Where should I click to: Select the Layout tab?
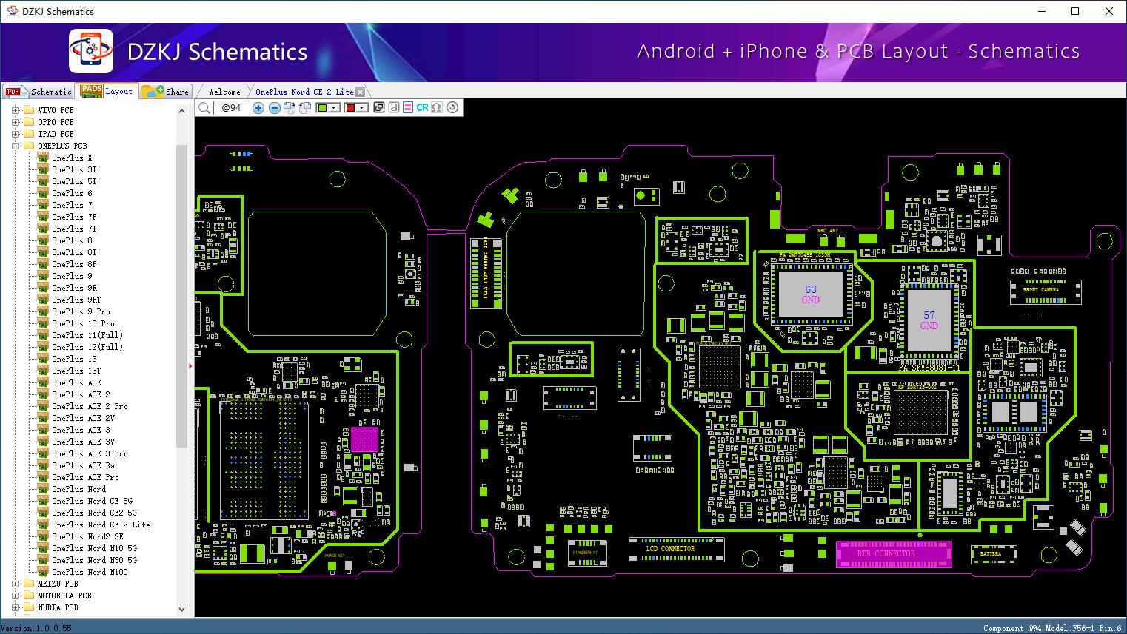[x=108, y=91]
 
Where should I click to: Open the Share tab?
[x=167, y=92]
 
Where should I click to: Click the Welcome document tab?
[x=224, y=92]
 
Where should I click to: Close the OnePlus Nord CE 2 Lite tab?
[x=361, y=92]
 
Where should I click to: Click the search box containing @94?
[x=232, y=108]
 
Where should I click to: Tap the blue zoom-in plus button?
[x=258, y=108]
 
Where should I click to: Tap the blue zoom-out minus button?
[x=274, y=108]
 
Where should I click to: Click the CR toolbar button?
[x=422, y=108]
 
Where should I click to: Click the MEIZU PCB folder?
[x=58, y=584]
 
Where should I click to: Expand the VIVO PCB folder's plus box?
[x=15, y=110]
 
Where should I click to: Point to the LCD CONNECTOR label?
[x=670, y=549]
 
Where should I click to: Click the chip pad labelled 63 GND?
[x=811, y=294]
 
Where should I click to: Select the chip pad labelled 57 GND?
[x=929, y=320]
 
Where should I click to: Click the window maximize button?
[x=1075, y=11]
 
